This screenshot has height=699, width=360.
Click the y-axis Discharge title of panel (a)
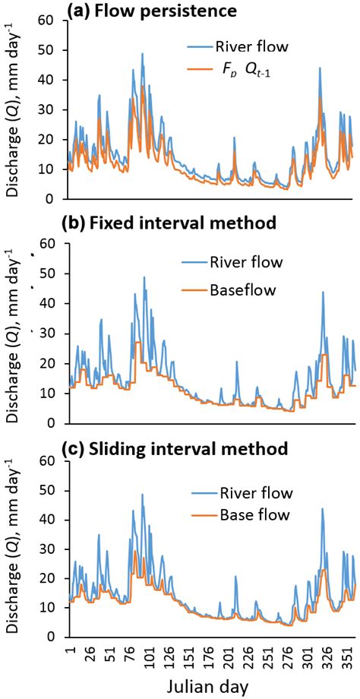[x=13, y=110]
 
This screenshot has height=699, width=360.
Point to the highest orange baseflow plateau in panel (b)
[x=137, y=343]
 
